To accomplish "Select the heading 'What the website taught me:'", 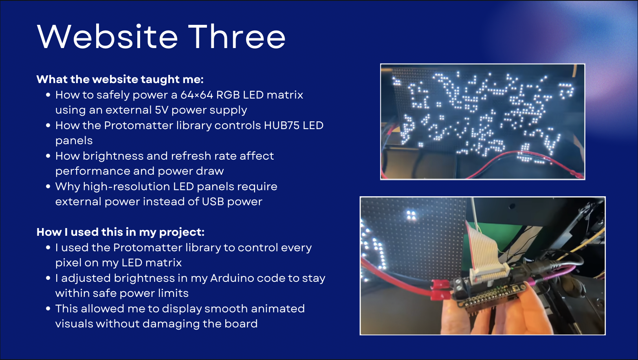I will point(120,79).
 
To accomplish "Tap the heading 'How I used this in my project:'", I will point(120,232).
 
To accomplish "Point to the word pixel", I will point(68,263).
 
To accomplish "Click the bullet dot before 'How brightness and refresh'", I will point(48,156).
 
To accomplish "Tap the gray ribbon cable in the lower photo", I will point(483,248).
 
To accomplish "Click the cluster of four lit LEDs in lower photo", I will point(411,215).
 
